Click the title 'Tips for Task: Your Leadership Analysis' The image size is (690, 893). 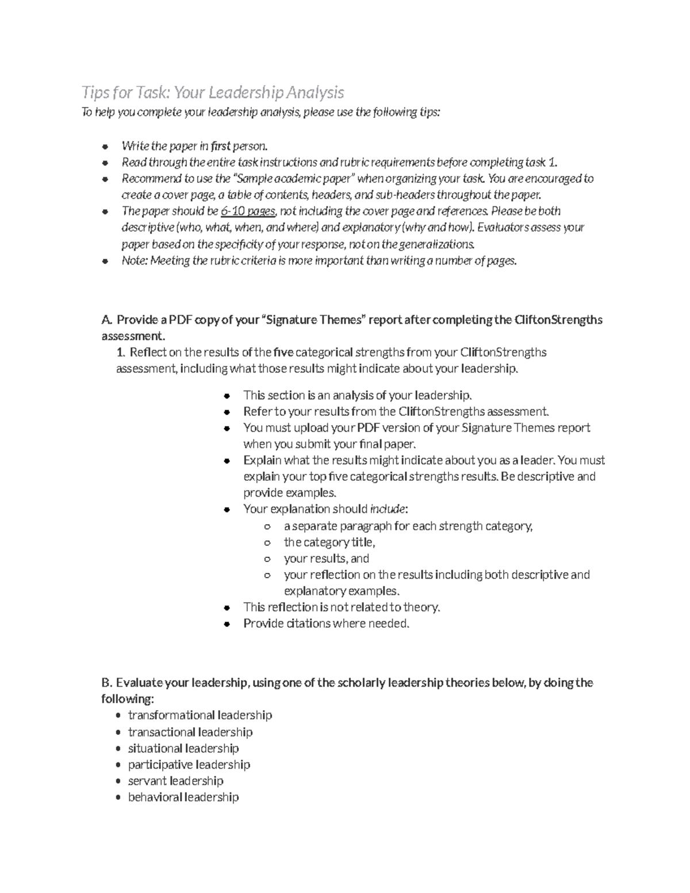[213, 92]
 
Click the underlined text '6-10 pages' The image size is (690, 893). [248, 211]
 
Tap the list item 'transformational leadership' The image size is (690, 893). [200, 715]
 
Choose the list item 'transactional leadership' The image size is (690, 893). [190, 732]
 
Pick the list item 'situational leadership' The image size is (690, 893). [183, 748]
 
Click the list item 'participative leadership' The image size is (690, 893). [189, 765]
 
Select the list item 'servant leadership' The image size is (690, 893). [175, 781]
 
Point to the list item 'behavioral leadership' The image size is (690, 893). [183, 797]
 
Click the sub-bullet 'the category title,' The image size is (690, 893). [329, 542]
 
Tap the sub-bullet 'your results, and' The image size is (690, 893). [326, 558]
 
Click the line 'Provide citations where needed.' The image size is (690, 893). [326, 623]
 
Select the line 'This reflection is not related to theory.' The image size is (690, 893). [342, 607]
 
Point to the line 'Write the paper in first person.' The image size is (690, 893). [194, 146]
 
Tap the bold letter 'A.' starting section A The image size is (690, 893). [106, 320]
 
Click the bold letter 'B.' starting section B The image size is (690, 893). [106, 683]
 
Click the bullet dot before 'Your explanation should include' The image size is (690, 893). [228, 509]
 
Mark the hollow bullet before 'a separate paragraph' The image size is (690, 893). [267, 527]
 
